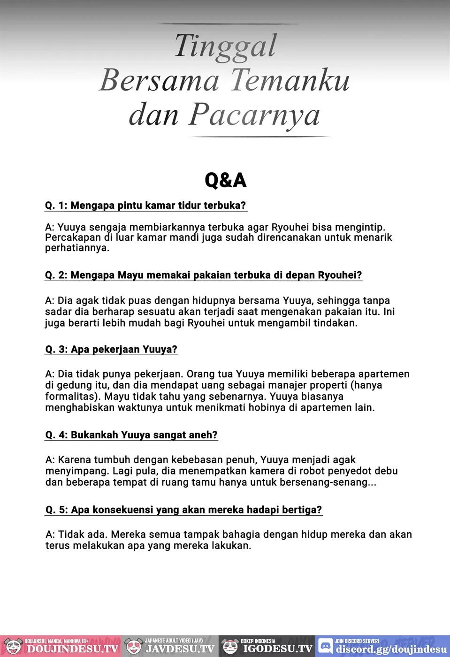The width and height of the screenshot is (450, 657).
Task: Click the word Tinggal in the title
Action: (226, 46)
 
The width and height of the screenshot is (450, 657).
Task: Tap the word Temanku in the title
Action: (290, 80)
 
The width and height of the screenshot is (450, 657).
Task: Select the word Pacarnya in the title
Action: (254, 115)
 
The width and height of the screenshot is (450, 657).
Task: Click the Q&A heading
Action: (225, 180)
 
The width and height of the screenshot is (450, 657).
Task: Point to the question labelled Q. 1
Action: (145, 206)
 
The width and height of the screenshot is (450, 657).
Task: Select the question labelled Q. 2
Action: (203, 275)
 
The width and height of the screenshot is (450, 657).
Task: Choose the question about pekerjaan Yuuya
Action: (111, 349)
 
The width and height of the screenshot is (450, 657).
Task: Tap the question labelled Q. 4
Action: (131, 435)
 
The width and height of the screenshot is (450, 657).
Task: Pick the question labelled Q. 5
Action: (183, 510)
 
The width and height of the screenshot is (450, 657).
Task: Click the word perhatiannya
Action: (77, 248)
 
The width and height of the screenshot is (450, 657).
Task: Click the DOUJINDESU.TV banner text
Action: (73, 649)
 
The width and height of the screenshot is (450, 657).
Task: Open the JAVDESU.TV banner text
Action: (180, 649)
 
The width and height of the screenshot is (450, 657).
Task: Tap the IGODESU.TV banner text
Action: (277, 649)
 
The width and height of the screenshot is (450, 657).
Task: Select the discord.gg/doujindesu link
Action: (391, 649)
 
